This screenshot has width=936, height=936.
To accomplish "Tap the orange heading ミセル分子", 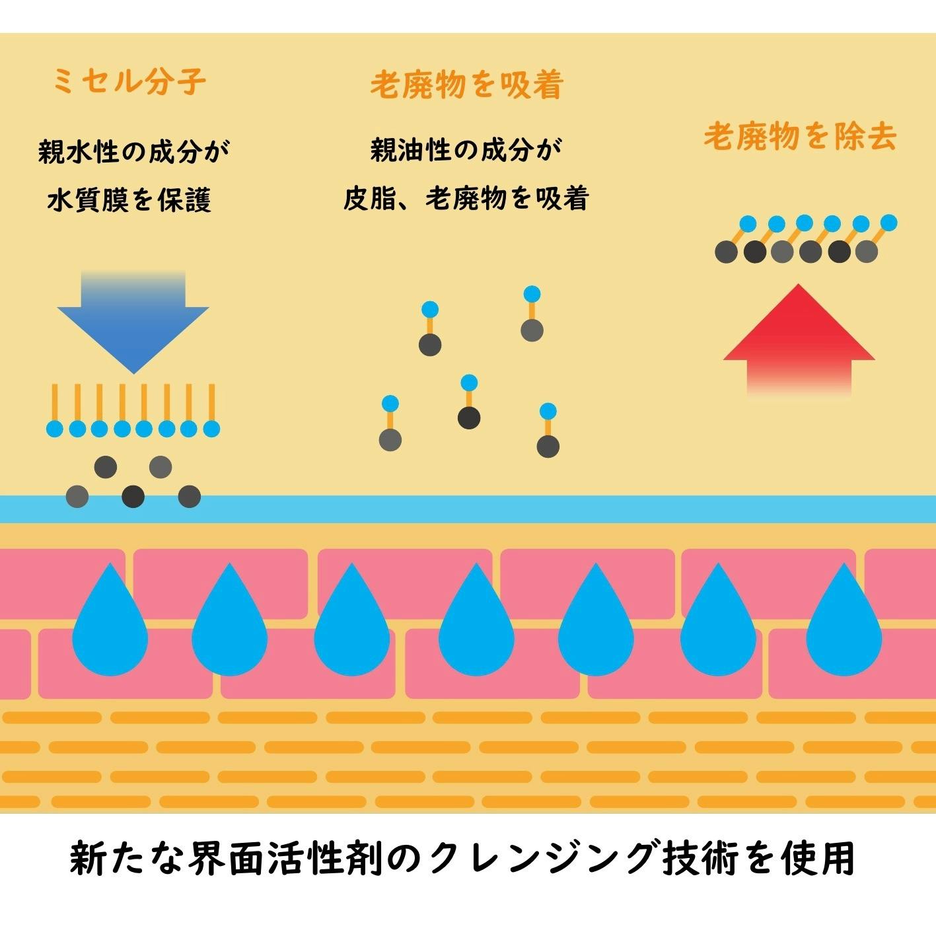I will (129, 82).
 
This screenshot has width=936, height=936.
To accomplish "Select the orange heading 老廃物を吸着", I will (466, 85).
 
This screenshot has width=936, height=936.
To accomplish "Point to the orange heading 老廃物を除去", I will (800, 137).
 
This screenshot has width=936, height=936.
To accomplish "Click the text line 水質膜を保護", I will (129, 199).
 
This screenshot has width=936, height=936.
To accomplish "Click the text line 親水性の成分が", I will (133, 152).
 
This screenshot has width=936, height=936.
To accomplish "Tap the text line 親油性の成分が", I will (466, 151).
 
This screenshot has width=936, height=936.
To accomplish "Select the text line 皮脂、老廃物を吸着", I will (466, 198).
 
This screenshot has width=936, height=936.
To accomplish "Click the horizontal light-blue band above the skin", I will (468, 509).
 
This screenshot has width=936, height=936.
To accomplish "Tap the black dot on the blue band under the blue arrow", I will (133, 495).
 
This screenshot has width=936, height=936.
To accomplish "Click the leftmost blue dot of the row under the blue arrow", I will (55, 429).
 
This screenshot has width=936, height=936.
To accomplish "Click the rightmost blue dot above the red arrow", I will (889, 223).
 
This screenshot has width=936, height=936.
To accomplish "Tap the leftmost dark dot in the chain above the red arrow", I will (726, 252).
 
